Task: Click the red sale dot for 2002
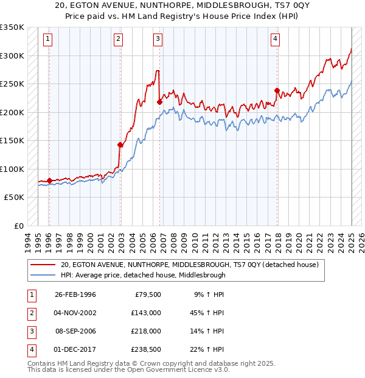(x=120, y=144)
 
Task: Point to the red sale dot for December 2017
(x=277, y=91)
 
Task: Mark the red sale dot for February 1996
(x=49, y=180)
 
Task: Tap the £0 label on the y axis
(x=18, y=226)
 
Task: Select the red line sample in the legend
(x=42, y=265)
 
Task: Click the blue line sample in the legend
(x=42, y=275)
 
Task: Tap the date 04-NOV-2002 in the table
(x=75, y=313)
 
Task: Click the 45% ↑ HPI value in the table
(x=207, y=313)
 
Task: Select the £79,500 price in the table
(x=148, y=294)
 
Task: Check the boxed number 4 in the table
(x=30, y=349)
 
